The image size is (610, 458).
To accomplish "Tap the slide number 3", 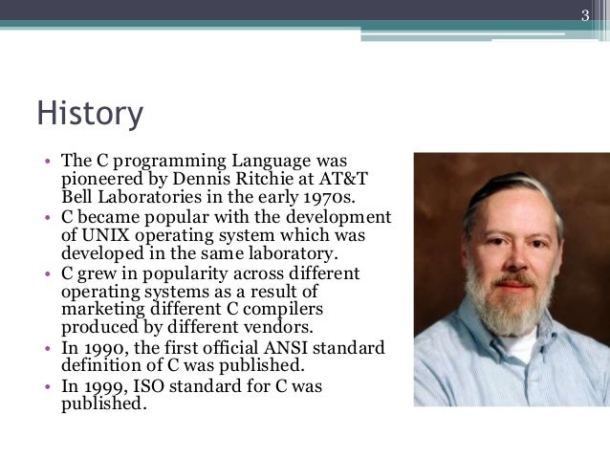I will (x=587, y=13).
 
